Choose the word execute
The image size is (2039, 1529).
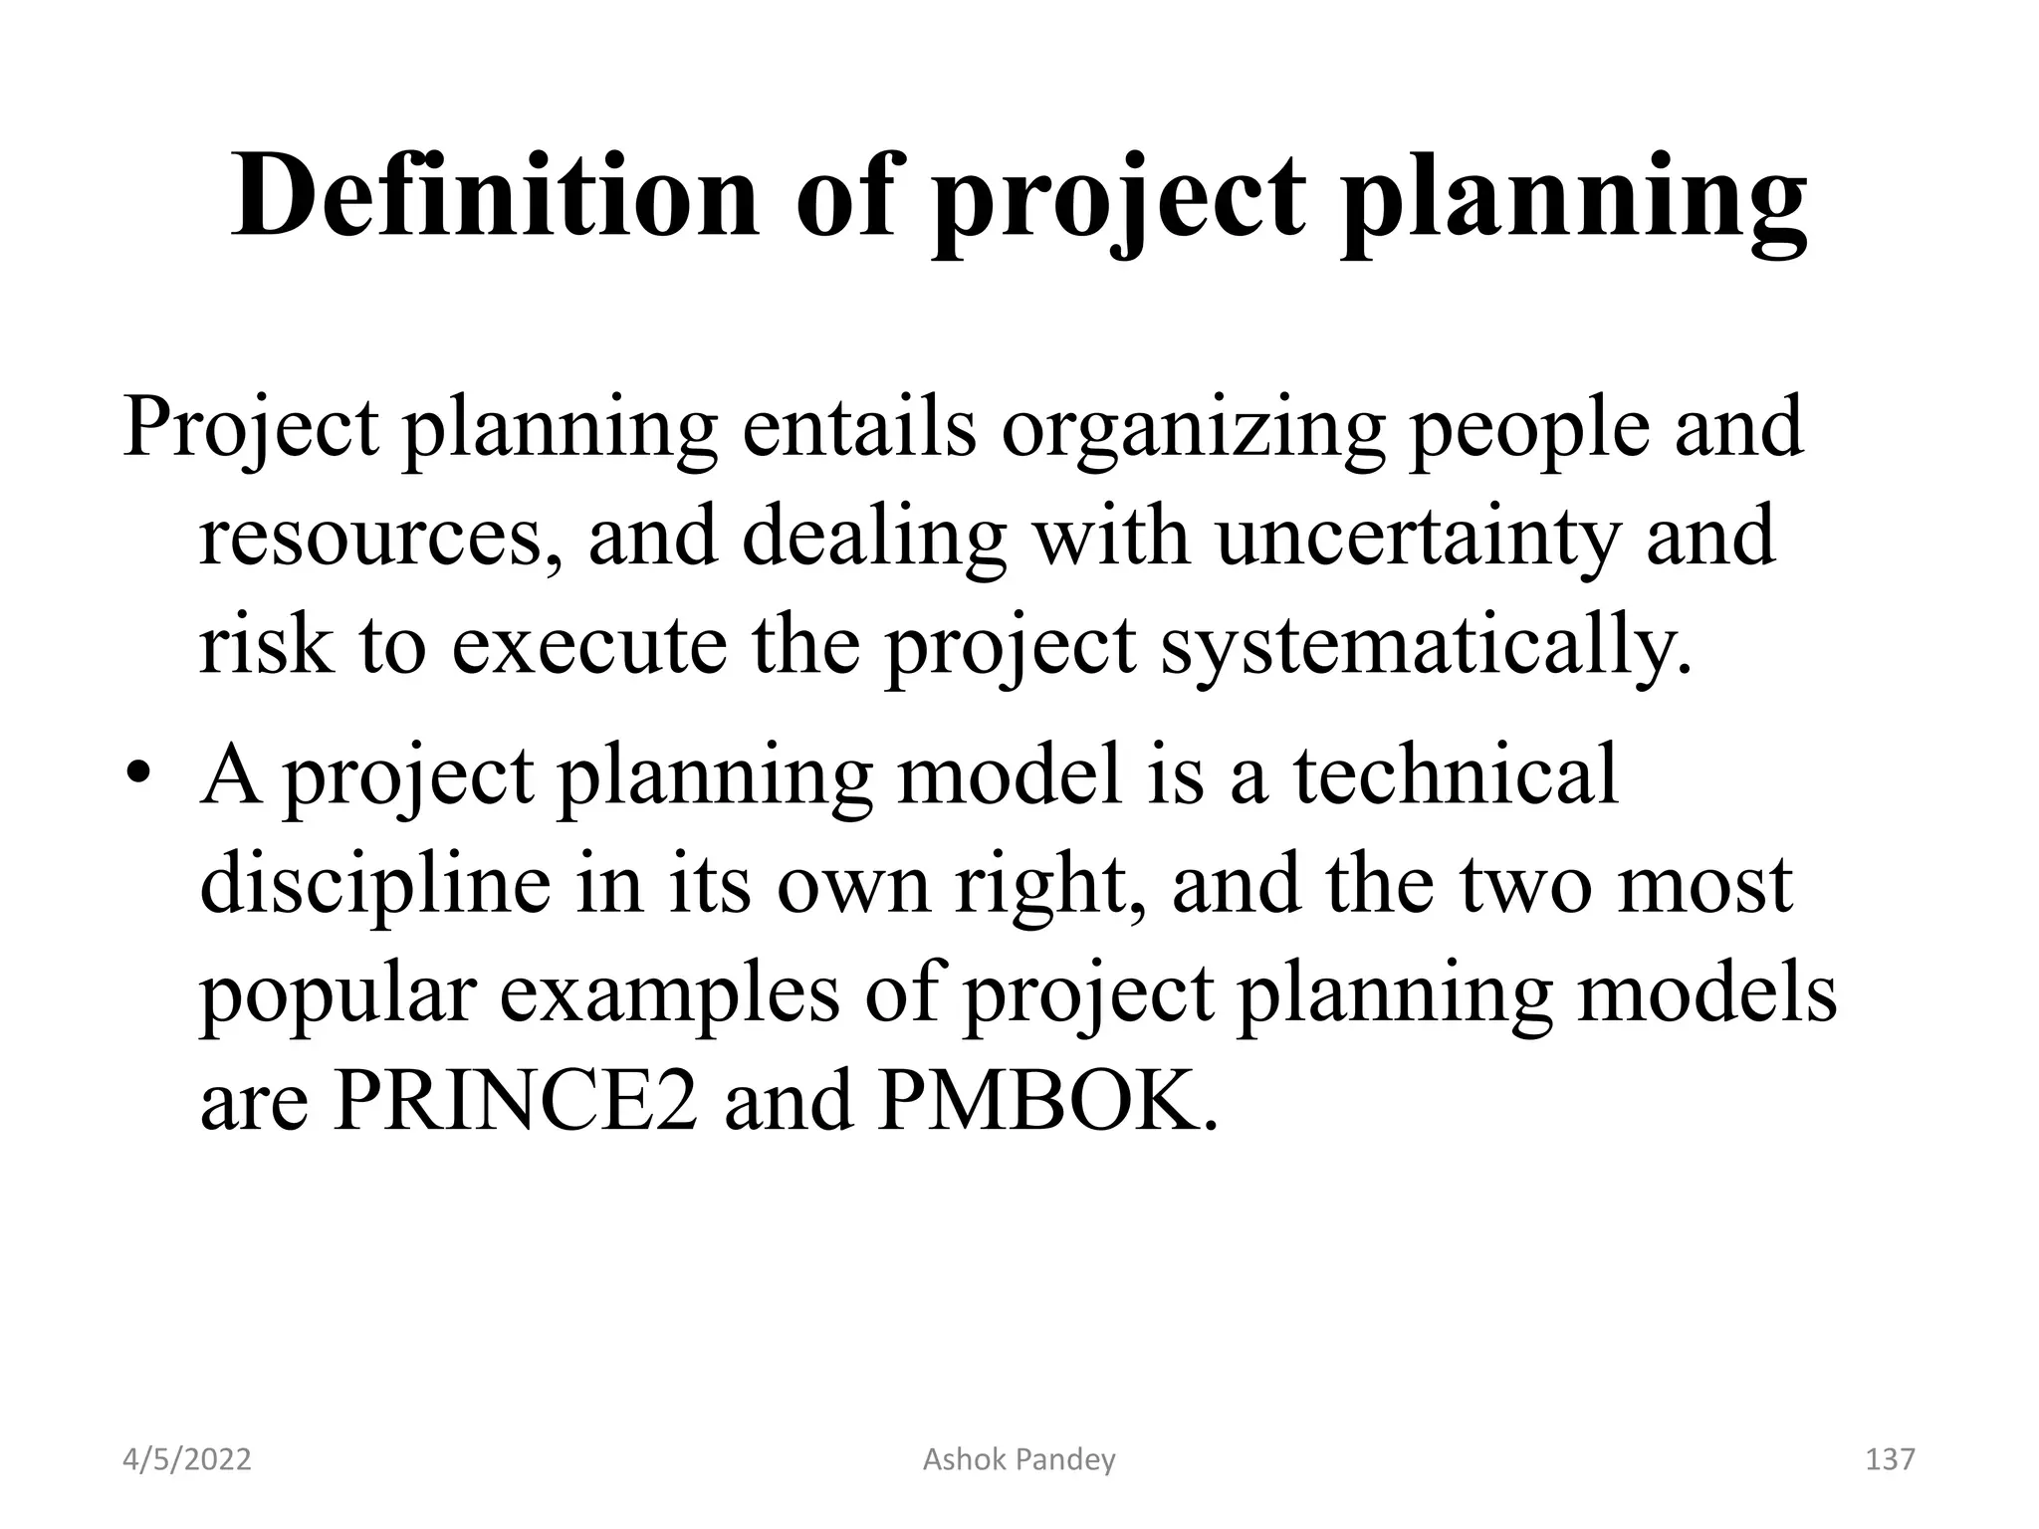tap(588, 644)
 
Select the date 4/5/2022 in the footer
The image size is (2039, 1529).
tap(187, 1460)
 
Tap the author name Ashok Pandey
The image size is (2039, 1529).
tap(1019, 1460)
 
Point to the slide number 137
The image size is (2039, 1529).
tap(1889, 1460)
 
